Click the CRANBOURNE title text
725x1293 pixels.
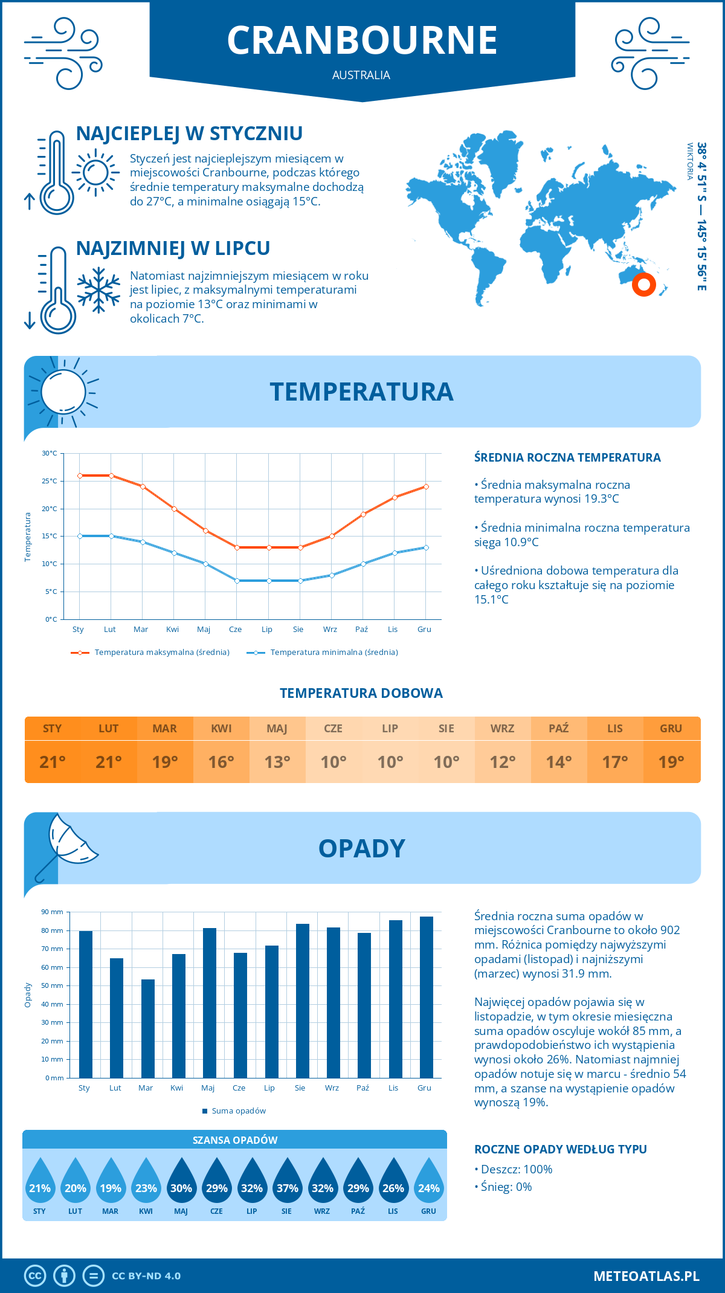tap(362, 40)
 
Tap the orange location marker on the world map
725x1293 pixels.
tap(644, 284)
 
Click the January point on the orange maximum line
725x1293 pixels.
tap(80, 476)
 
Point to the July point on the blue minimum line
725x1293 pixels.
tap(269, 581)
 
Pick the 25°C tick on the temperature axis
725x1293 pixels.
tap(50, 481)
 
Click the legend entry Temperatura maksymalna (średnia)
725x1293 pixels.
tap(161, 653)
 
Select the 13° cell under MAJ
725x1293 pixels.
tap(277, 762)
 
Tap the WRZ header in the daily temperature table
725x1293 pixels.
tap(502, 729)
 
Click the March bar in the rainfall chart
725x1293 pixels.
tap(147, 1028)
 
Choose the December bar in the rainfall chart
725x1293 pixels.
tap(426, 997)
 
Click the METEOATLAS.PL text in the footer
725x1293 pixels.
tap(646, 1276)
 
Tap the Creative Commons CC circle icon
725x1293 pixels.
tap(35, 1276)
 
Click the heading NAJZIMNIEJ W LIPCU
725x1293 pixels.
tap(173, 248)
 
